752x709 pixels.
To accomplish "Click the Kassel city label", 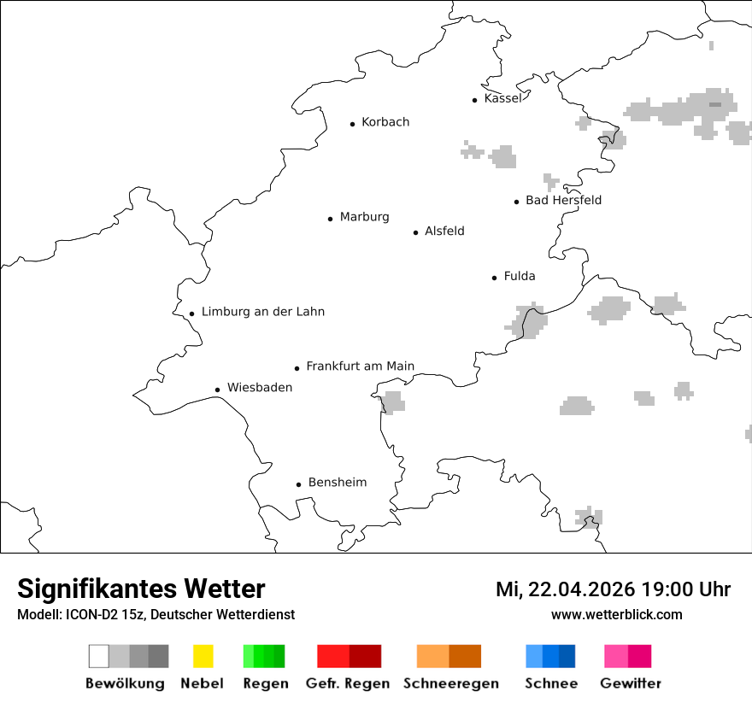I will pyautogui.click(x=502, y=98).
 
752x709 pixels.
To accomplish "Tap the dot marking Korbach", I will pyautogui.click(x=352, y=124).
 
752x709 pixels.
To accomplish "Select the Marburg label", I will pyautogui.click(x=364, y=217).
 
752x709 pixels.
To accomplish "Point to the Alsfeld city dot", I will pyautogui.click(x=416, y=232).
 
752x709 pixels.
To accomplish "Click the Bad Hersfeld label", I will pyautogui.click(x=563, y=200).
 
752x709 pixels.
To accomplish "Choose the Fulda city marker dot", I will pyautogui.click(x=495, y=278).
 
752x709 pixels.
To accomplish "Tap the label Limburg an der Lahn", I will pyautogui.click(x=262, y=312).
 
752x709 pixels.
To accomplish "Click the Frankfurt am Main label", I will pyautogui.click(x=360, y=366).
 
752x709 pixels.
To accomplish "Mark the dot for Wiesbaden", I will pyautogui.click(x=218, y=390).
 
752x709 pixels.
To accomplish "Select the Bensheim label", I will pyautogui.click(x=337, y=483).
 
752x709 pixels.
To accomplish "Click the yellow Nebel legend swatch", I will pyautogui.click(x=203, y=656).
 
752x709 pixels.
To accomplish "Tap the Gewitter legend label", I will pyautogui.click(x=631, y=683).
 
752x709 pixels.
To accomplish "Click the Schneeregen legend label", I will pyautogui.click(x=449, y=683).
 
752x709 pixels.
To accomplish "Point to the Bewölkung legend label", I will pyautogui.click(x=125, y=683).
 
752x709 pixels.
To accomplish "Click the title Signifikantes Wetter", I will pyautogui.click(x=141, y=589).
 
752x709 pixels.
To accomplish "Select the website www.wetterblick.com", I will pyautogui.click(x=616, y=614).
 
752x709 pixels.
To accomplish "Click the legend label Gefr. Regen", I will pyautogui.click(x=348, y=683).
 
